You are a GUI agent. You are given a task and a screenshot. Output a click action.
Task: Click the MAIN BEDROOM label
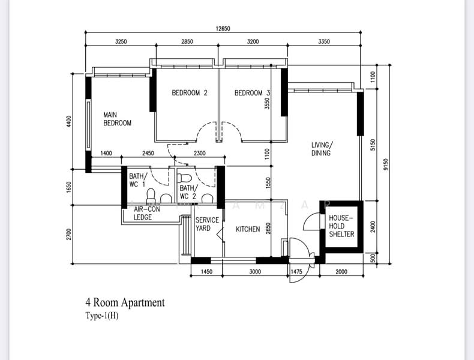click(117, 119)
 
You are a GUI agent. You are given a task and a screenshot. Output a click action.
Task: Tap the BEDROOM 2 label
click(190, 93)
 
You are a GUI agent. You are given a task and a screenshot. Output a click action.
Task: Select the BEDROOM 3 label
click(252, 93)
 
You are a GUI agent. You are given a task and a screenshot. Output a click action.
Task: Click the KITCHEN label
click(248, 229)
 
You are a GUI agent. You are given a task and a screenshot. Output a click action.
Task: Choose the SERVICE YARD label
click(207, 224)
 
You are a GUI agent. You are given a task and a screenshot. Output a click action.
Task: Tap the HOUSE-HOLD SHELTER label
click(341, 226)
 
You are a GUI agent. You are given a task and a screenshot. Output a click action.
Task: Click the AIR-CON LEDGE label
click(146, 213)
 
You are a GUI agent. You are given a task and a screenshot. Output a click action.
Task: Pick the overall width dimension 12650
click(223, 29)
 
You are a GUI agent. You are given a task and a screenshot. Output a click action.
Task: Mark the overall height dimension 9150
click(385, 165)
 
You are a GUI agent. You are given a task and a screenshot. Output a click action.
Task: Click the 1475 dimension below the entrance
click(296, 272)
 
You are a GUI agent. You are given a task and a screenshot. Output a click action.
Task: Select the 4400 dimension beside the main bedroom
click(69, 121)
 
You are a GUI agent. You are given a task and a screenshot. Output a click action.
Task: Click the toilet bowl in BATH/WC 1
click(151, 196)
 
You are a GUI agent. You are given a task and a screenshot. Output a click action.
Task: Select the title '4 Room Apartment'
click(125, 302)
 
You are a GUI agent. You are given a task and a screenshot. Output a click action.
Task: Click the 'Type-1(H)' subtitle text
click(102, 316)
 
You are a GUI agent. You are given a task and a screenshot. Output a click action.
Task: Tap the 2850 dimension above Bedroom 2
click(187, 42)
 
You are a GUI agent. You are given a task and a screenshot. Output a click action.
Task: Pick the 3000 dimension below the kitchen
click(255, 272)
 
